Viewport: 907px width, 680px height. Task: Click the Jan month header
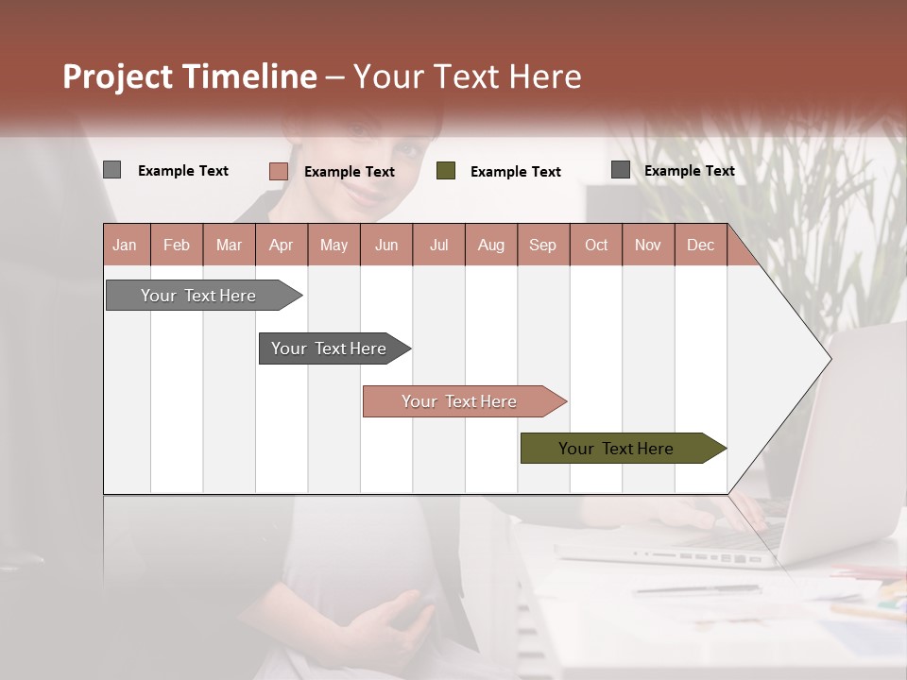pyautogui.click(x=125, y=245)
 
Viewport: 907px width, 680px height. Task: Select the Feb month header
pyautogui.click(x=177, y=245)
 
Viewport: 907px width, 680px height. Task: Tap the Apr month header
pyautogui.click(x=281, y=245)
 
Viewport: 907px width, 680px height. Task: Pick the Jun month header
pyautogui.click(x=386, y=245)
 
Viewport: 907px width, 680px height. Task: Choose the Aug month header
pyautogui.click(x=490, y=245)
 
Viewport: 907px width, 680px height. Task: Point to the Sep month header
pyautogui.click(x=542, y=245)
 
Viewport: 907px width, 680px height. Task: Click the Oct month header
pyautogui.click(x=596, y=245)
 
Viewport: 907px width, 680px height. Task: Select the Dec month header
pyautogui.click(x=700, y=245)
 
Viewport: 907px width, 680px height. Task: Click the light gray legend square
pyautogui.click(x=111, y=170)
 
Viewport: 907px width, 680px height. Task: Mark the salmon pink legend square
pyautogui.click(x=278, y=171)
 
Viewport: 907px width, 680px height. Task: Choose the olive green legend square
pyautogui.click(x=446, y=171)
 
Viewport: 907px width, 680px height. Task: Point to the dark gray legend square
pyautogui.click(x=620, y=170)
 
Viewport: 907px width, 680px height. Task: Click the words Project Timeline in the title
pyautogui.click(x=190, y=76)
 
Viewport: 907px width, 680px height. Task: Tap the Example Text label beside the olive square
pyautogui.click(x=515, y=172)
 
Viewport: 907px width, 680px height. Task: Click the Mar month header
pyautogui.click(x=229, y=245)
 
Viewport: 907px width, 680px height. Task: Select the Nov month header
pyautogui.click(x=648, y=245)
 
